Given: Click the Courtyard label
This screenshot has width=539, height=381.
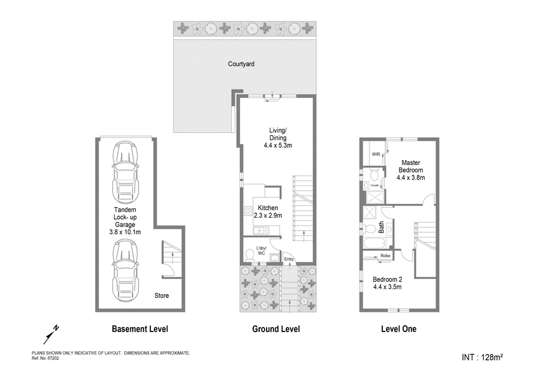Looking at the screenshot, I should pyautogui.click(x=242, y=64).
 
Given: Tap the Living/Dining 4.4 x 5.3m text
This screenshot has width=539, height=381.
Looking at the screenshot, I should pyautogui.click(x=277, y=138).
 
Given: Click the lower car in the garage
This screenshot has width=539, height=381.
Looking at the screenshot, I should pyautogui.click(x=125, y=271).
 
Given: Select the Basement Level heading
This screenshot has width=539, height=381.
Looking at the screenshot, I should pyautogui.click(x=140, y=330).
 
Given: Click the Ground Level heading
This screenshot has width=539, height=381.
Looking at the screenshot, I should pyautogui.click(x=276, y=330).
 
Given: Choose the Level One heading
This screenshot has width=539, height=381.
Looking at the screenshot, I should pyautogui.click(x=399, y=330).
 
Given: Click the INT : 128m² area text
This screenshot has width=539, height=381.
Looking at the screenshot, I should pyautogui.click(x=482, y=358).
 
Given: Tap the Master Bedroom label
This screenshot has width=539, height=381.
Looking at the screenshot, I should pyautogui.click(x=410, y=170).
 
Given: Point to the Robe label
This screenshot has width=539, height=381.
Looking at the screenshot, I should pyautogui.click(x=385, y=257).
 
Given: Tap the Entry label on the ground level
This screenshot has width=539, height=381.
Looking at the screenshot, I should pyautogui.click(x=289, y=259).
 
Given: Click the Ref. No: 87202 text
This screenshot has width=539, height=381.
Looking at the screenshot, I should pyautogui.click(x=44, y=358).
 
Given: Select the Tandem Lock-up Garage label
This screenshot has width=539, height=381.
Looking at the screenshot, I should pyautogui.click(x=124, y=221).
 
